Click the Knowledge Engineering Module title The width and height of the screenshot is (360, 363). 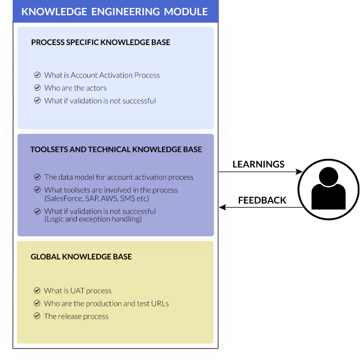pos(115,12)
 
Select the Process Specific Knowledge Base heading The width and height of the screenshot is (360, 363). pos(101,43)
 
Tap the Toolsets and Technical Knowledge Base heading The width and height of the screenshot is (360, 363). pos(116,149)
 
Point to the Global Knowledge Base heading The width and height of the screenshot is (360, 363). pos(81,256)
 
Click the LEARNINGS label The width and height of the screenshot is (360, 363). pos(258,164)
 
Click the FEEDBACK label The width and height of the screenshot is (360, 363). pos(262,200)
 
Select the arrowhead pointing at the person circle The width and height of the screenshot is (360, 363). pos(299,172)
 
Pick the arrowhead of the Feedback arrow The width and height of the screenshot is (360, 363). pos(222,207)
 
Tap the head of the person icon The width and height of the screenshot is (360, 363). pos(328,177)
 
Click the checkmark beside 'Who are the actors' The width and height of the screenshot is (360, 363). pos(37,88)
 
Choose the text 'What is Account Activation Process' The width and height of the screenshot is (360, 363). pos(102,76)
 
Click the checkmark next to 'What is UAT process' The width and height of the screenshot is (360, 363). pos(37,291)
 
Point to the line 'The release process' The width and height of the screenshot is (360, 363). pos(76,316)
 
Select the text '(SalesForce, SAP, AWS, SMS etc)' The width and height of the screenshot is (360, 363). pos(97,199)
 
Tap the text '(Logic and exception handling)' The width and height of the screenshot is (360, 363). pos(93,219)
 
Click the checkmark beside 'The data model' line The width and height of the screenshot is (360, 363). pos(37,177)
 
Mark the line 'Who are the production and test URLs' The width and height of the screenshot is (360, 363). pos(106,303)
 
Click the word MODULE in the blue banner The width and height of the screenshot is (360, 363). pos(186,12)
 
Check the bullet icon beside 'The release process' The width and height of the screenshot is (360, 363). pos(37,315)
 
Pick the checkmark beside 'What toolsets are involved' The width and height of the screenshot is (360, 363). pos(37,189)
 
